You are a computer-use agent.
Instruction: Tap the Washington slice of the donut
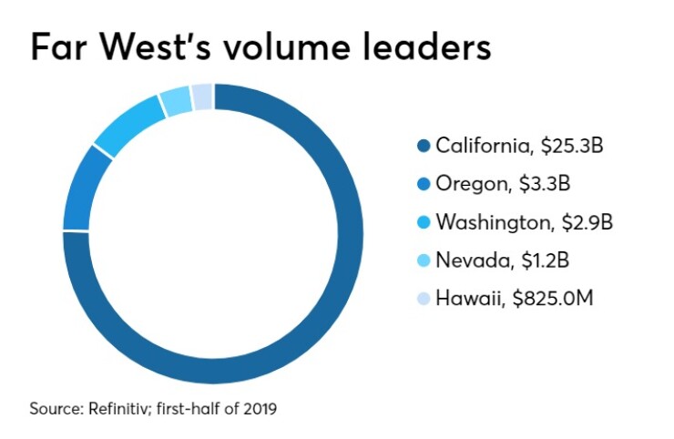click(127, 128)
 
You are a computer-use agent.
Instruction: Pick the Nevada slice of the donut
click(175, 102)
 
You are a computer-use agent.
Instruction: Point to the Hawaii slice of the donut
click(202, 95)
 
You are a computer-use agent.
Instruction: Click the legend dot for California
click(424, 146)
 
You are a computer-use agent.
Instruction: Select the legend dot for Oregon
click(424, 184)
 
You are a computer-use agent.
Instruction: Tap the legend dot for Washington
click(424, 222)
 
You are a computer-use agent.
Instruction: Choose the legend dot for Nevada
click(424, 260)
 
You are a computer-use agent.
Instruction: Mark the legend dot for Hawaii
click(424, 299)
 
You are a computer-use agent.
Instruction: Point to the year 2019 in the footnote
click(260, 409)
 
